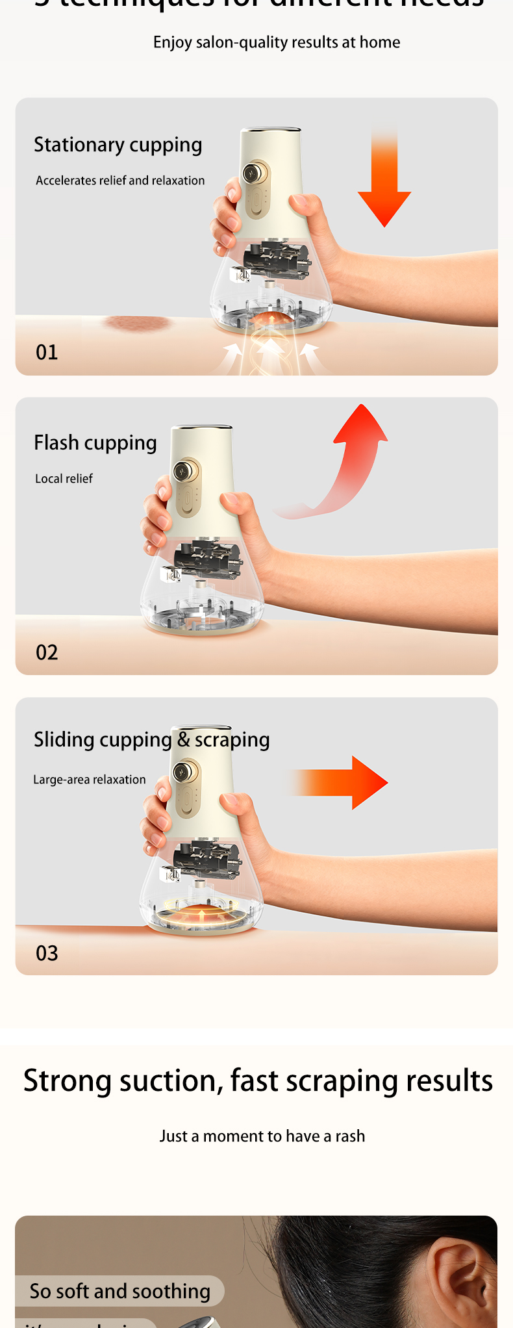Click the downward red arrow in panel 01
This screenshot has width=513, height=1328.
click(384, 188)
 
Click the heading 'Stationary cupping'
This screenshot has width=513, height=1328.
click(118, 145)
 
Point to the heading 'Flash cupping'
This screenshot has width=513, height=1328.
click(95, 443)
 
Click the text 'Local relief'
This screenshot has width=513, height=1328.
click(64, 479)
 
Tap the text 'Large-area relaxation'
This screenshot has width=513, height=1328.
click(90, 780)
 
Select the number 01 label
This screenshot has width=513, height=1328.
click(47, 352)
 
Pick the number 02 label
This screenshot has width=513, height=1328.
click(47, 652)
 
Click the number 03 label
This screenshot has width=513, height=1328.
click(47, 953)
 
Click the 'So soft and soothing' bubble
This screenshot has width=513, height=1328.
click(119, 1291)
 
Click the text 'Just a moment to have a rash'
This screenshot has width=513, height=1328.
click(262, 1136)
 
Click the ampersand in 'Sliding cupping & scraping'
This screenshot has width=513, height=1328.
click(183, 739)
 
